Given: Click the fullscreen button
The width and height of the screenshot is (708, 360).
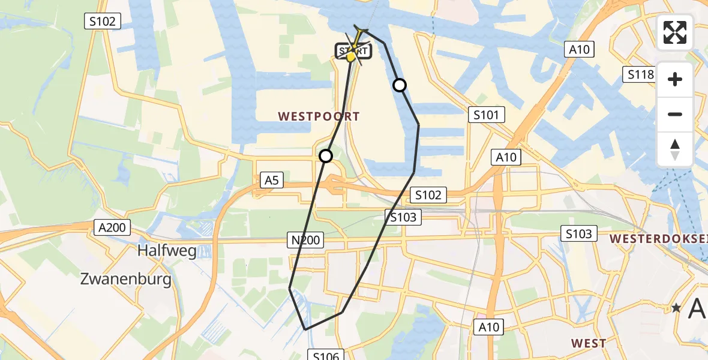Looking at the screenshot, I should [x=675, y=32].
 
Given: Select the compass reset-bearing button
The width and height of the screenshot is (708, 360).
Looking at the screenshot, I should [x=675, y=149].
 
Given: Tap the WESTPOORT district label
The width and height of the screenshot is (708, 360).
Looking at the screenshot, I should [x=319, y=116].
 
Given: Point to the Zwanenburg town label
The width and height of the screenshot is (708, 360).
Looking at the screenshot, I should [x=126, y=278].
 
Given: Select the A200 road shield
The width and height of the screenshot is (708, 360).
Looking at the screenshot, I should [x=111, y=227].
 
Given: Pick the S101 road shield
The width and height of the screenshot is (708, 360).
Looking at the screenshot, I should [x=486, y=115].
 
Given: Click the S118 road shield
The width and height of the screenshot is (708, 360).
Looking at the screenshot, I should [x=640, y=74].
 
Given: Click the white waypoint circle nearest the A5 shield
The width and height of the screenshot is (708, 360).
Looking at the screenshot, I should [x=325, y=156].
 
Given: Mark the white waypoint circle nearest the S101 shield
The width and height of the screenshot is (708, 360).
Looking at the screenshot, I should [x=400, y=85].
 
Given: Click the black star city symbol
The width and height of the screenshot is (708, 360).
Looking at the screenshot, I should [x=676, y=308].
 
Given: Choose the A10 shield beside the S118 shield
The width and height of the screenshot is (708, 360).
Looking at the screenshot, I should [x=579, y=50].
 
